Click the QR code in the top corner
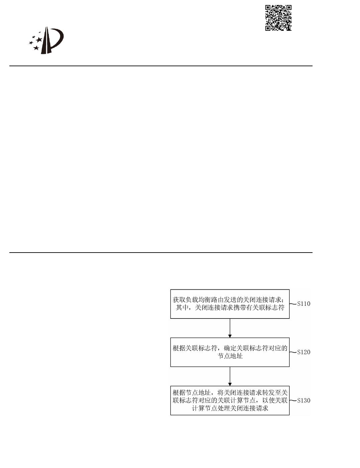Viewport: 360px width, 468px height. (278, 18)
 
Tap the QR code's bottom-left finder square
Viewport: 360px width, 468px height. (268, 28)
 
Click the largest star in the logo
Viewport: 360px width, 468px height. (39, 40)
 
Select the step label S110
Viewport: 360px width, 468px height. (304, 304)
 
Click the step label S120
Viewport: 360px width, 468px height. (304, 352)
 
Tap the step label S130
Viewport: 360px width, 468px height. (304, 400)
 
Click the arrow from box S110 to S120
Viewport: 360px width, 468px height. (230, 328)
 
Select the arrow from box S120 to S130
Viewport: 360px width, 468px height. (230, 376)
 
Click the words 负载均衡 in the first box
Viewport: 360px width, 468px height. (192, 300)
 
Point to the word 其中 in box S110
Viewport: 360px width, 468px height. (182, 307)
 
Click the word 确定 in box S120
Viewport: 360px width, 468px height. (230, 348)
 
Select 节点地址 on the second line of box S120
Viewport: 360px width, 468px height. (230, 356)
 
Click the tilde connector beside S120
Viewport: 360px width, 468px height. (293, 352)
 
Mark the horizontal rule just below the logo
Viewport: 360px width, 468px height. (161, 66)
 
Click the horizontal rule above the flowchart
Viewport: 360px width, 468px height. (161, 253)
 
